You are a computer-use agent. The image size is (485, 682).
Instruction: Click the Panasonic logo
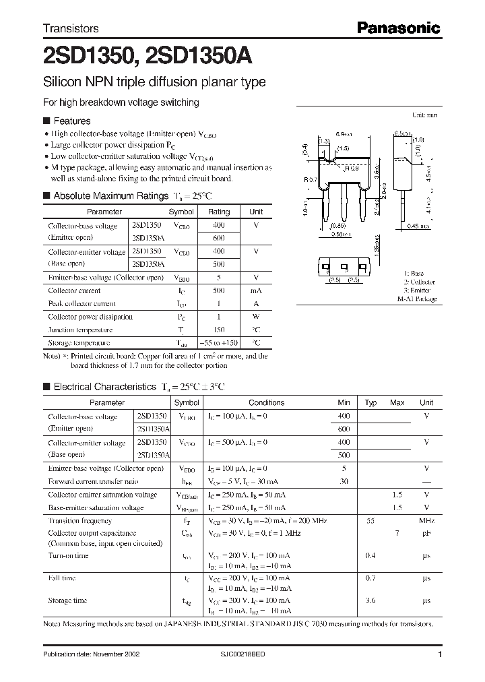coord(398,28)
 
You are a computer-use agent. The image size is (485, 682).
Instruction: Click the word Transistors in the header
coord(71,29)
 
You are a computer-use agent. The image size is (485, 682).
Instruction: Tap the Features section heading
coord(71,121)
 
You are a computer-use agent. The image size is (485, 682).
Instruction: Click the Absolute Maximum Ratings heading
coord(110,196)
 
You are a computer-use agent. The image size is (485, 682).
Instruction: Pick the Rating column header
coord(219,212)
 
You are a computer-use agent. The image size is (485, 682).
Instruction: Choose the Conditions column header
coord(266,403)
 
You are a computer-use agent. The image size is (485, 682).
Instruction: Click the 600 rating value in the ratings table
coord(219,238)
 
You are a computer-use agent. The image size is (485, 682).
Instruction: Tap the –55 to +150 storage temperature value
coord(219,343)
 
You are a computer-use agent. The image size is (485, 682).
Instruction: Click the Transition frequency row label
coord(79,521)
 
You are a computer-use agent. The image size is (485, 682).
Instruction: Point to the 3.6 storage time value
coord(370,600)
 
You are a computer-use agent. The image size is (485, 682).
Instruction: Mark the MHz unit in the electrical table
coord(426,521)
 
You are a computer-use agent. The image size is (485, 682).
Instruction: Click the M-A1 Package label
coord(416,299)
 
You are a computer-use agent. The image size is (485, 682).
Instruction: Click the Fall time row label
coord(63,578)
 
